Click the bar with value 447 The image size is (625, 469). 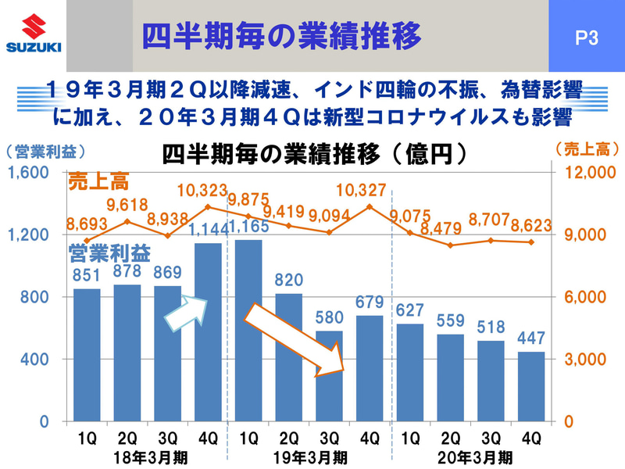[x=531, y=386]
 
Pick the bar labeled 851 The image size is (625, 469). [x=87, y=355]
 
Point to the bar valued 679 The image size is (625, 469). [x=370, y=368]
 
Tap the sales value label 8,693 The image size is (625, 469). [x=87, y=223]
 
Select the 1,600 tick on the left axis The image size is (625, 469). [x=30, y=173]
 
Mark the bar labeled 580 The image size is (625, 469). [x=330, y=376]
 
